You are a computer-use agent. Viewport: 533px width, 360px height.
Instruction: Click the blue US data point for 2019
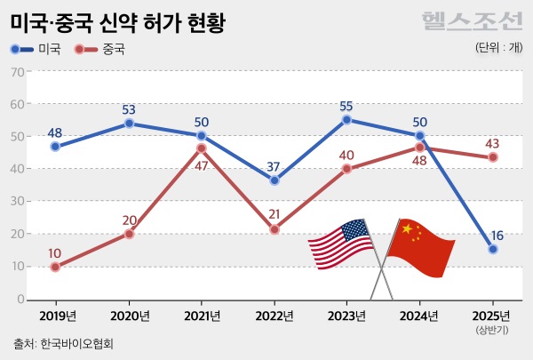[55, 147]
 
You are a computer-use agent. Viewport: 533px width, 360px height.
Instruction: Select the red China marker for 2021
[202, 148]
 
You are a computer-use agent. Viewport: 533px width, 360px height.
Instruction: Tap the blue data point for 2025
[493, 250]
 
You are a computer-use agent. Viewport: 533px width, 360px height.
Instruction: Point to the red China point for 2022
[274, 229]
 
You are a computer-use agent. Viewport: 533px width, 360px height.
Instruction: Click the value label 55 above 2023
[346, 106]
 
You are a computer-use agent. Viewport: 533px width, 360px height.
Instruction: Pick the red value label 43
[493, 143]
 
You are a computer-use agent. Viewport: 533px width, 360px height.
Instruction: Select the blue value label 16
[497, 236]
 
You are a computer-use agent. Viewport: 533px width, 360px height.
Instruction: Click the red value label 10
[55, 253]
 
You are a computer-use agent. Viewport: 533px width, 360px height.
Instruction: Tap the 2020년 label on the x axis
[129, 316]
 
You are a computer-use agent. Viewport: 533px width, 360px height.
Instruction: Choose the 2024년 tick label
[419, 316]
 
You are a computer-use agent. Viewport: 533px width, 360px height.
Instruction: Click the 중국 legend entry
[100, 50]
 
